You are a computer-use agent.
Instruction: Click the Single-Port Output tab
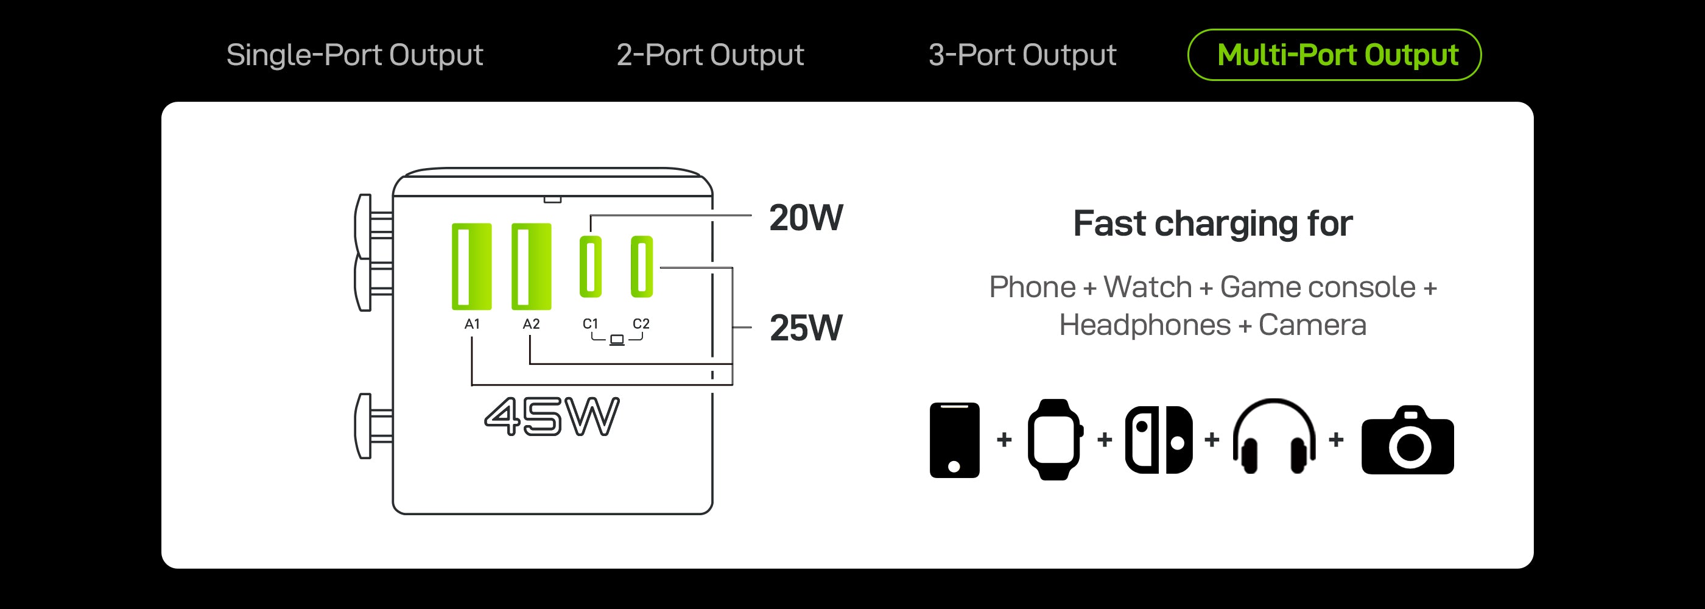(x=354, y=55)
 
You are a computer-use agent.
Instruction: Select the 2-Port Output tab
(x=709, y=55)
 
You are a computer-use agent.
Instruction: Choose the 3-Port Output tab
(x=1022, y=55)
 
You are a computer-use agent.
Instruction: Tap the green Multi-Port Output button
(x=1334, y=55)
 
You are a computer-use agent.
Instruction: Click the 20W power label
(x=806, y=218)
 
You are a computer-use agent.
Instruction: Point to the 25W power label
(x=806, y=328)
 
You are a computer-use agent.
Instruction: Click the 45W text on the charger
(x=551, y=417)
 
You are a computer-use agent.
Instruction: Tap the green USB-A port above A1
(x=471, y=267)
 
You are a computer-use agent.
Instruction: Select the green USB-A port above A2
(x=531, y=267)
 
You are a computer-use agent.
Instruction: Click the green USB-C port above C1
(x=591, y=267)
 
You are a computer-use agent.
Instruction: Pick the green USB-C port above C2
(x=641, y=267)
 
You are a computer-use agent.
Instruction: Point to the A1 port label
(x=472, y=325)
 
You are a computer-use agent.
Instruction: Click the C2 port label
(x=641, y=324)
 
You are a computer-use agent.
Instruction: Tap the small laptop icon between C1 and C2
(x=617, y=340)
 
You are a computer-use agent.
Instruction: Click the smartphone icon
(x=954, y=440)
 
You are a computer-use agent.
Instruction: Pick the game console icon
(x=1158, y=440)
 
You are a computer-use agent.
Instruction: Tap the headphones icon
(x=1273, y=437)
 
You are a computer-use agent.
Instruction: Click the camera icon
(x=1407, y=441)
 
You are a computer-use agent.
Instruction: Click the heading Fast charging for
(x=1212, y=224)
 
